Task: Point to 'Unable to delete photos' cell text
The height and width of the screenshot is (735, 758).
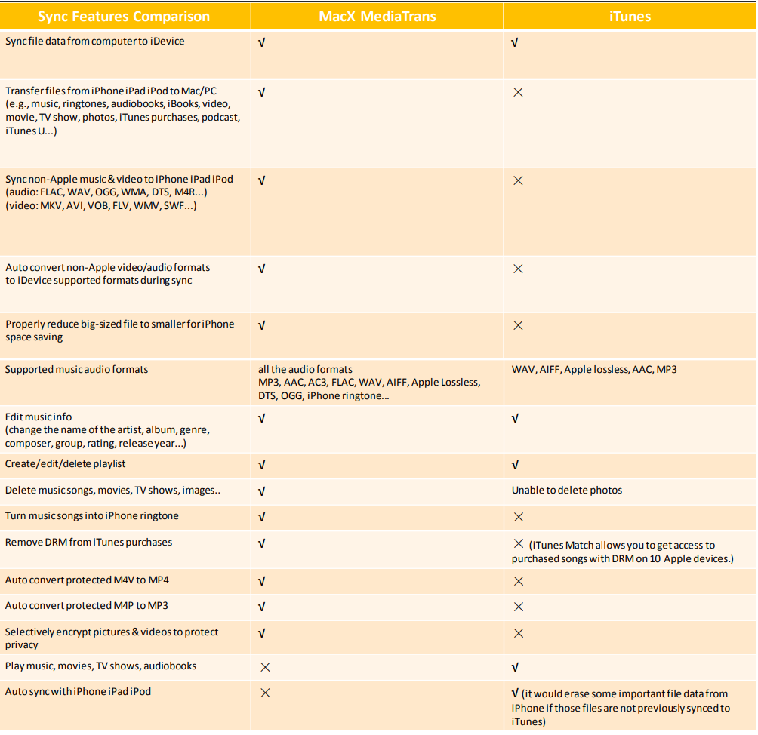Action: pyautogui.click(x=567, y=491)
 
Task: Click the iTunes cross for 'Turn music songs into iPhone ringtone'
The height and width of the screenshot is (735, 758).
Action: pyautogui.click(x=518, y=517)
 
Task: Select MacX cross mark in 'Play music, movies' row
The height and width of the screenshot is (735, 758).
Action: pyautogui.click(x=265, y=667)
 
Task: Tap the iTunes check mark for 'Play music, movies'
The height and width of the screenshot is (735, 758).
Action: pyautogui.click(x=515, y=667)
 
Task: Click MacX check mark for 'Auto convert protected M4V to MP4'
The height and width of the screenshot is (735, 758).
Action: pyautogui.click(x=262, y=581)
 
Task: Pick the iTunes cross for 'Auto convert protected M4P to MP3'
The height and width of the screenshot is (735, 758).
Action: pyautogui.click(x=518, y=607)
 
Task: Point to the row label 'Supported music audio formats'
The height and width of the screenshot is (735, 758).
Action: pyautogui.click(x=76, y=370)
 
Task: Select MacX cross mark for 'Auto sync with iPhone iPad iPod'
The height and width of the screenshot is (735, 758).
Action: pyautogui.click(x=265, y=693)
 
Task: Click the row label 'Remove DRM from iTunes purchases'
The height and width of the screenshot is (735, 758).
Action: pyautogui.click(x=88, y=543)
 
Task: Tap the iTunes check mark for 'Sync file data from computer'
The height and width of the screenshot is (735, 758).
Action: pyautogui.click(x=515, y=43)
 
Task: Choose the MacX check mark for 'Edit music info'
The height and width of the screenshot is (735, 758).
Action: pyautogui.click(x=262, y=418)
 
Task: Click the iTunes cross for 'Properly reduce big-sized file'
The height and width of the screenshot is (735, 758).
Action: pyautogui.click(x=518, y=325)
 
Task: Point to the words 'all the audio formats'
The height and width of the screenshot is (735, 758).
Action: pyautogui.click(x=305, y=370)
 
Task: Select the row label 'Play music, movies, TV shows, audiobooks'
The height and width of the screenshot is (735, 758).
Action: pyautogui.click(x=100, y=666)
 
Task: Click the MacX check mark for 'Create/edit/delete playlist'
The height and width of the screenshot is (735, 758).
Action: pyautogui.click(x=262, y=465)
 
